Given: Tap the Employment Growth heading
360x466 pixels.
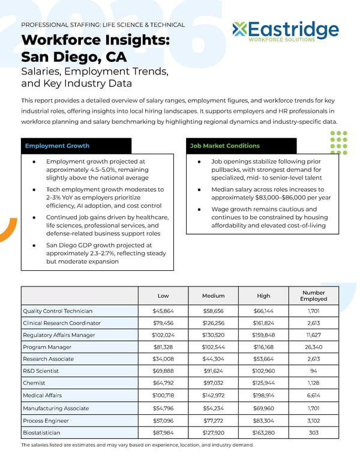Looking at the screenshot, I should coord(57,146).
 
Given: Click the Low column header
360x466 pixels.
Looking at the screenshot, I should coord(163,295).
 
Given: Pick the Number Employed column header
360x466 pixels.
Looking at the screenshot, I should coord(314,295).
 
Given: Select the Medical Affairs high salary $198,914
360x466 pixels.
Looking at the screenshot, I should coord(263,396).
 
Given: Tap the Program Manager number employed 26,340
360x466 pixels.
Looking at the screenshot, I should coord(314,347).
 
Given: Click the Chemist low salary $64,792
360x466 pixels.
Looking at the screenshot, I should coord(163,384).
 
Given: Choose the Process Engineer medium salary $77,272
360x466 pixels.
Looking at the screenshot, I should coord(213,420).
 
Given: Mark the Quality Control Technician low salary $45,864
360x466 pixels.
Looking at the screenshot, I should coord(163,311).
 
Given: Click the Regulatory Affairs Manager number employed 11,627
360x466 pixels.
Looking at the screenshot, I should coord(314,335).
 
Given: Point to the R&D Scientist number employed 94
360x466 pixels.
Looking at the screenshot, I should coord(314,372).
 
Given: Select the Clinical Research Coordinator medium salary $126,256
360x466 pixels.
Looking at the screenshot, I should coord(213,323).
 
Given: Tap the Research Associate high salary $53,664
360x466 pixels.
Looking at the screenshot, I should coord(263,360).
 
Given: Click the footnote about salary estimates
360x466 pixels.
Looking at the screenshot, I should coord(137,445).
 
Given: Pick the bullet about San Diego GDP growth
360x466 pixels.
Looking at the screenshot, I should coord(106,253).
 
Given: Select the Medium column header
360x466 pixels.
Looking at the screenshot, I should coord(213,295).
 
